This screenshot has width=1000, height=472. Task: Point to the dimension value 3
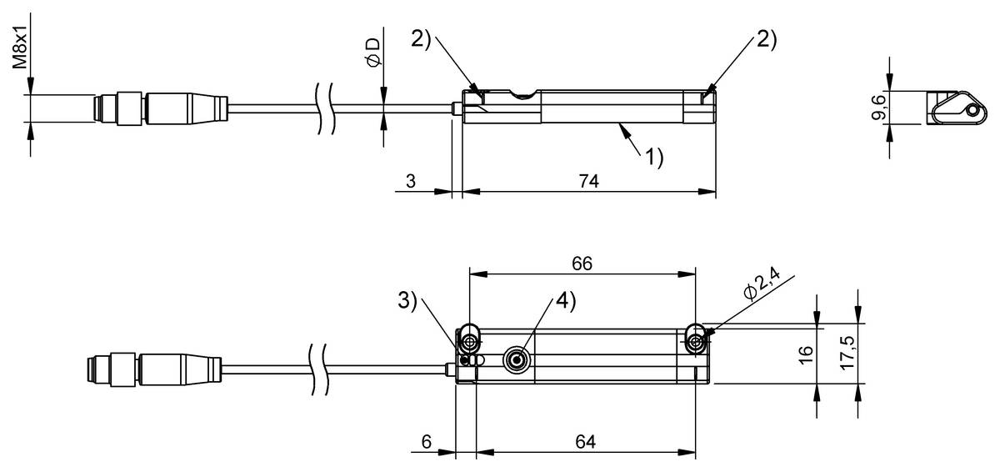411,180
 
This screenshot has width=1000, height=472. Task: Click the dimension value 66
582,263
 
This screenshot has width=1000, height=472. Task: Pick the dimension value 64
587,441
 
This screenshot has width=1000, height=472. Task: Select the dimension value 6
426,441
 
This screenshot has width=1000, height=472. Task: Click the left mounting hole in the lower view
471,343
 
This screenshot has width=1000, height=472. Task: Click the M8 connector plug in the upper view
159,109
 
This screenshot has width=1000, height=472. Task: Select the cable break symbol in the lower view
319,366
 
